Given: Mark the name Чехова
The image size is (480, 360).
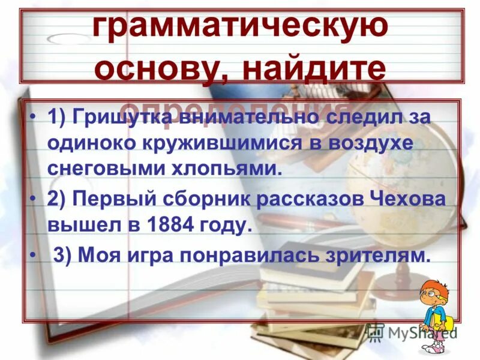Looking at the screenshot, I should coord(399,200).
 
